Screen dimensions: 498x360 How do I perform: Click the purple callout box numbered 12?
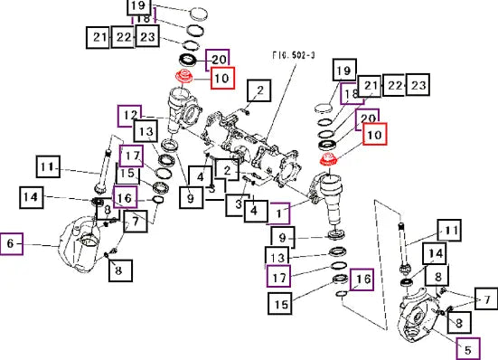(129, 116)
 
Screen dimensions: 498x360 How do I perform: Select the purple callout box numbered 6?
(12, 243)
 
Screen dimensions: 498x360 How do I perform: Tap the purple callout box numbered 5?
(468, 349)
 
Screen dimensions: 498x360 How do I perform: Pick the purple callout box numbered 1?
(278, 213)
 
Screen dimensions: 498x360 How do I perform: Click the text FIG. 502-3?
(294, 55)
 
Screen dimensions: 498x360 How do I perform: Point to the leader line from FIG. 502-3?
(282, 101)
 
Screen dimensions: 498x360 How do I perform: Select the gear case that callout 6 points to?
(80, 244)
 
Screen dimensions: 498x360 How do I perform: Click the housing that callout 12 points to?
(183, 109)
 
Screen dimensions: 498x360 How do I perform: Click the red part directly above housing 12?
(184, 76)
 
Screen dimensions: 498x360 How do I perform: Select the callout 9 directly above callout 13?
(283, 238)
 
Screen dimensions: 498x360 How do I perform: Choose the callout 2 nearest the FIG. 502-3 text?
(259, 90)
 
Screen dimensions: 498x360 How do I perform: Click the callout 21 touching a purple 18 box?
(369, 86)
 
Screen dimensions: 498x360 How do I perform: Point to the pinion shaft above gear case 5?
(403, 248)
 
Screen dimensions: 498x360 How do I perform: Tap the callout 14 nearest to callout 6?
(32, 197)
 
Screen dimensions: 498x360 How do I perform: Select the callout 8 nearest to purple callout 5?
(459, 323)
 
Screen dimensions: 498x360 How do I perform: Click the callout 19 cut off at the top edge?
(139, 6)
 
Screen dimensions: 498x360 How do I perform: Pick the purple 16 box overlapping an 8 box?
(125, 197)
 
